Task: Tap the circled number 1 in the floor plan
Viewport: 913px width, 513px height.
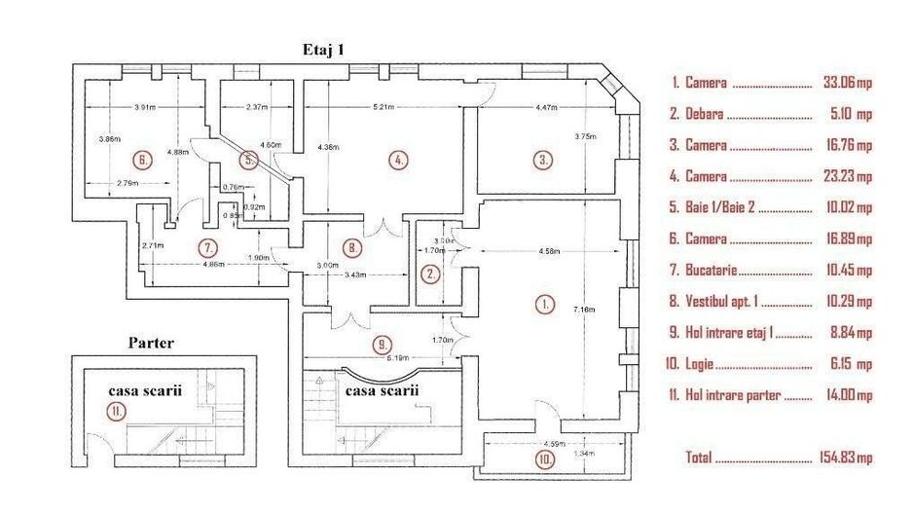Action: (544, 304)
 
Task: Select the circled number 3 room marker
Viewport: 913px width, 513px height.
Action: (543, 160)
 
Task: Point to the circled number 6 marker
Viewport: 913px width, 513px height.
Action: (142, 160)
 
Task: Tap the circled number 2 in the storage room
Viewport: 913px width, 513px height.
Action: (430, 274)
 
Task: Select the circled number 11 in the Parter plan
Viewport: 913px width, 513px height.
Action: (116, 411)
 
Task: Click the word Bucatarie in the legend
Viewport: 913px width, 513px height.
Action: (712, 271)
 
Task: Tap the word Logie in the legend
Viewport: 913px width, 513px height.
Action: (700, 364)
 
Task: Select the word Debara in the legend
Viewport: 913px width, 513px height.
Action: (704, 115)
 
